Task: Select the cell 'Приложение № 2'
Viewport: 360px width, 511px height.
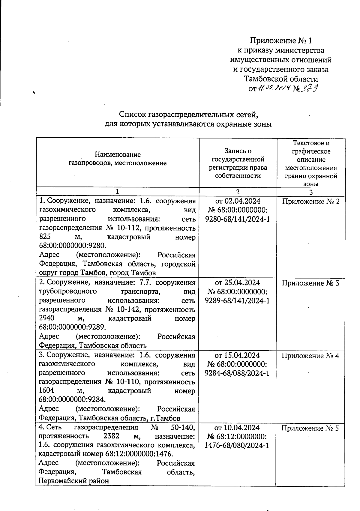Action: point(311,202)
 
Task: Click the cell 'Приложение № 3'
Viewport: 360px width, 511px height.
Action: point(311,283)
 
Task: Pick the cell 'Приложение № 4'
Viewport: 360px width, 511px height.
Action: point(311,356)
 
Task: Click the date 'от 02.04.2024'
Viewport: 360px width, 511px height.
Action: point(238,201)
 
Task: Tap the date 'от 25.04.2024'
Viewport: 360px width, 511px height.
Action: point(238,283)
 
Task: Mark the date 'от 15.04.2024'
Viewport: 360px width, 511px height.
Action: point(238,355)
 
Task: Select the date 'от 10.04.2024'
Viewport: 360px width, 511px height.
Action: point(238,428)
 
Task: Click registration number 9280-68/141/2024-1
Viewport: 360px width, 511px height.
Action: point(238,219)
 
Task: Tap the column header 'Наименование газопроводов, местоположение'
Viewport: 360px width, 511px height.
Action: point(118,159)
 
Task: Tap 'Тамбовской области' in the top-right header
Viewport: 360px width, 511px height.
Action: point(281,79)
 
